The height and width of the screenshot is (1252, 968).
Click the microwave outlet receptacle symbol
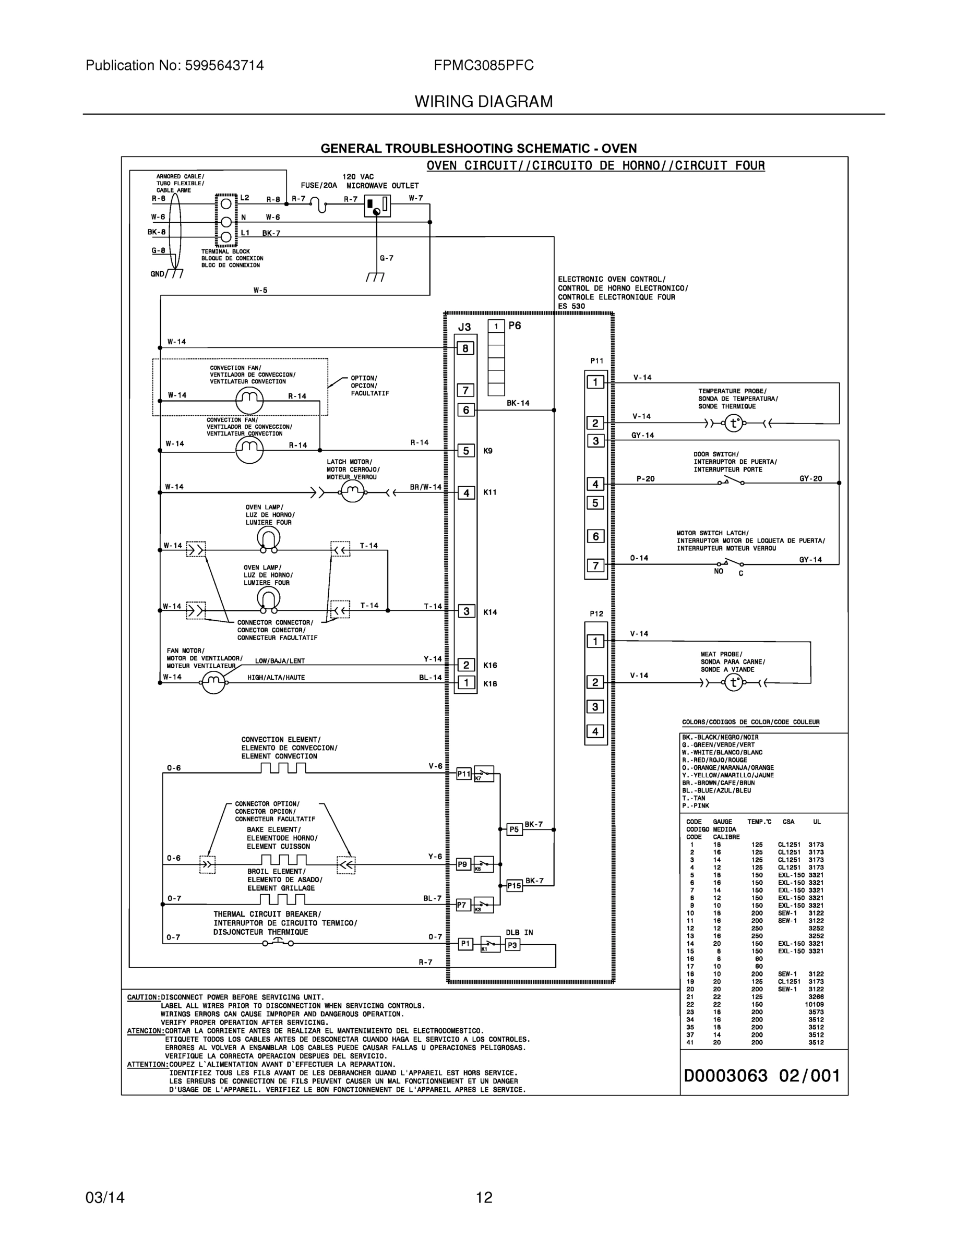coord(377,207)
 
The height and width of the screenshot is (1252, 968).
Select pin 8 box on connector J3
coord(465,348)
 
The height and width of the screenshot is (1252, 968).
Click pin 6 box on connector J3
coord(465,410)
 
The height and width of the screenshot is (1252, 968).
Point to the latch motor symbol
coord(353,491)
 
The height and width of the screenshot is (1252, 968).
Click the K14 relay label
coord(491,612)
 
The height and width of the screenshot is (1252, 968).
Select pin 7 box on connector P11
coord(595,566)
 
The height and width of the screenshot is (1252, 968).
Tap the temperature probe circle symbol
coord(734,424)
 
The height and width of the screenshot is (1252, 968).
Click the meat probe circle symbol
coord(734,682)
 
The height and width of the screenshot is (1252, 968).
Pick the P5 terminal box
coord(515,829)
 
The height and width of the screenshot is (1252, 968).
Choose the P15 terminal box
coord(515,886)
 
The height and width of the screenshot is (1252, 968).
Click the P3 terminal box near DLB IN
coord(512,945)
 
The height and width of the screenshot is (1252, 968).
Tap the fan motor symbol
coord(214,682)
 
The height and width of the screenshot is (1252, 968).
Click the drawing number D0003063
coord(725,1076)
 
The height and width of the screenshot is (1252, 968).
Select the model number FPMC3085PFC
coord(483,65)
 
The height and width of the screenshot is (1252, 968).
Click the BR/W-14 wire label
coord(425,487)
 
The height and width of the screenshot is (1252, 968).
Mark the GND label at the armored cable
coord(157,274)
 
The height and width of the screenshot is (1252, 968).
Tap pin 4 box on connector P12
coord(595,731)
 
